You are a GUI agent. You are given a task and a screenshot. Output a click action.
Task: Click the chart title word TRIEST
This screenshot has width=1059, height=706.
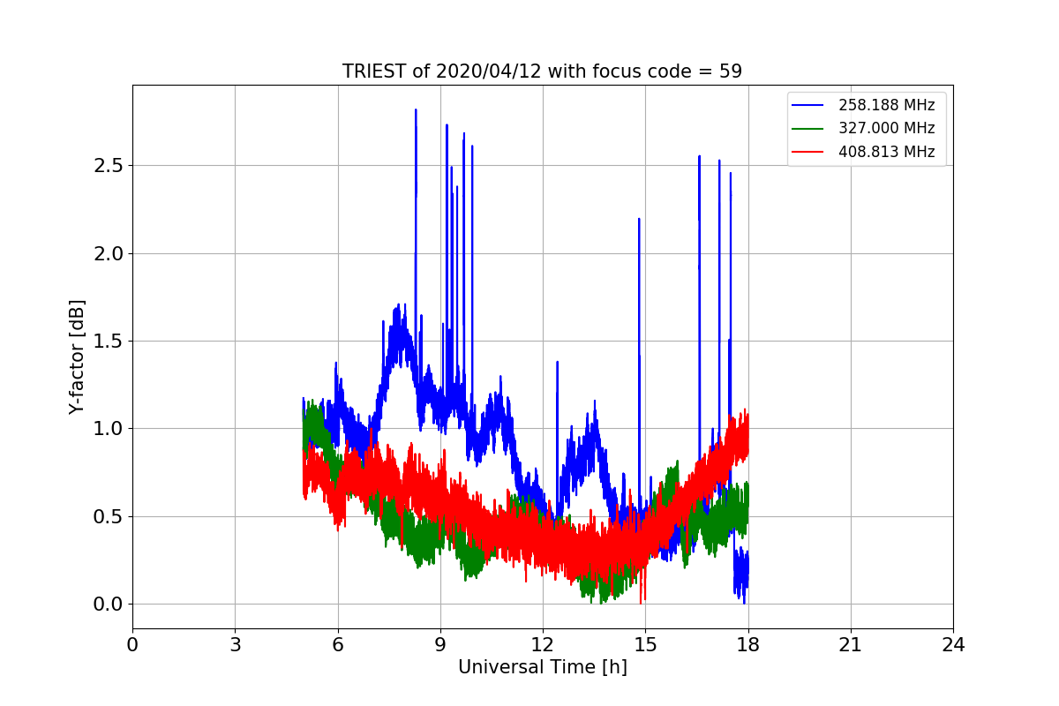point(374,71)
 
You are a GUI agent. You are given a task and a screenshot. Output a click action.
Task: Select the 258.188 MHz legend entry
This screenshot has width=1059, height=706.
point(886,105)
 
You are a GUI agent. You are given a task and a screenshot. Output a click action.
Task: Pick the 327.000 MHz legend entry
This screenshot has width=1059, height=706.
point(886,128)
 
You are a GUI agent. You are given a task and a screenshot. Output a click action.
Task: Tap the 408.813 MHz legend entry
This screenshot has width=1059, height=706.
point(886,152)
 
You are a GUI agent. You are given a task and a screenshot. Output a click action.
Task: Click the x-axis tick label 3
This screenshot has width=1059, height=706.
point(235,645)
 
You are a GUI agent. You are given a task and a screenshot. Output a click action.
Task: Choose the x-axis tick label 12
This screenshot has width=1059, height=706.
point(543,645)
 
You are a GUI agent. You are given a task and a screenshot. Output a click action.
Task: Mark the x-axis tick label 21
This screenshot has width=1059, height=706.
point(851,645)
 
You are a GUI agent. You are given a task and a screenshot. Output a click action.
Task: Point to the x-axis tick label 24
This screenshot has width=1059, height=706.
point(953,645)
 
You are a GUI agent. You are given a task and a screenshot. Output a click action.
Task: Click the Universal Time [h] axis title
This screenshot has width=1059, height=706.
point(543,668)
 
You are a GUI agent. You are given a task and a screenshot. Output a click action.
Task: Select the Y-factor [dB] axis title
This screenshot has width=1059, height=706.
point(78,357)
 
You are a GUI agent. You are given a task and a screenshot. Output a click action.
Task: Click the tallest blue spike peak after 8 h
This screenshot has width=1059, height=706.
point(416,110)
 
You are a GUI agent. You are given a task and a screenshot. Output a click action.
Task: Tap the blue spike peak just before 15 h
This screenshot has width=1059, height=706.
point(639,219)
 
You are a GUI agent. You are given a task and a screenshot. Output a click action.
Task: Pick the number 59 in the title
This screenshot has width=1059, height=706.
point(732,71)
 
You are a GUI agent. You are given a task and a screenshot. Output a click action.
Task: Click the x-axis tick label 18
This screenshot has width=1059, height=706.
point(748,645)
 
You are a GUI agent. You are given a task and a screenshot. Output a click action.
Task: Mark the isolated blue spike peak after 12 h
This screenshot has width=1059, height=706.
point(558,362)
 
